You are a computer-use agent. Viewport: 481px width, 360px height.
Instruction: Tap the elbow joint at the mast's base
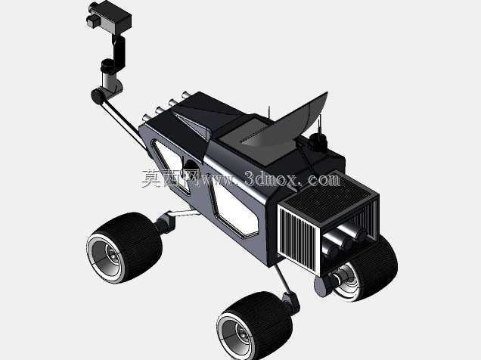[98, 96]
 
